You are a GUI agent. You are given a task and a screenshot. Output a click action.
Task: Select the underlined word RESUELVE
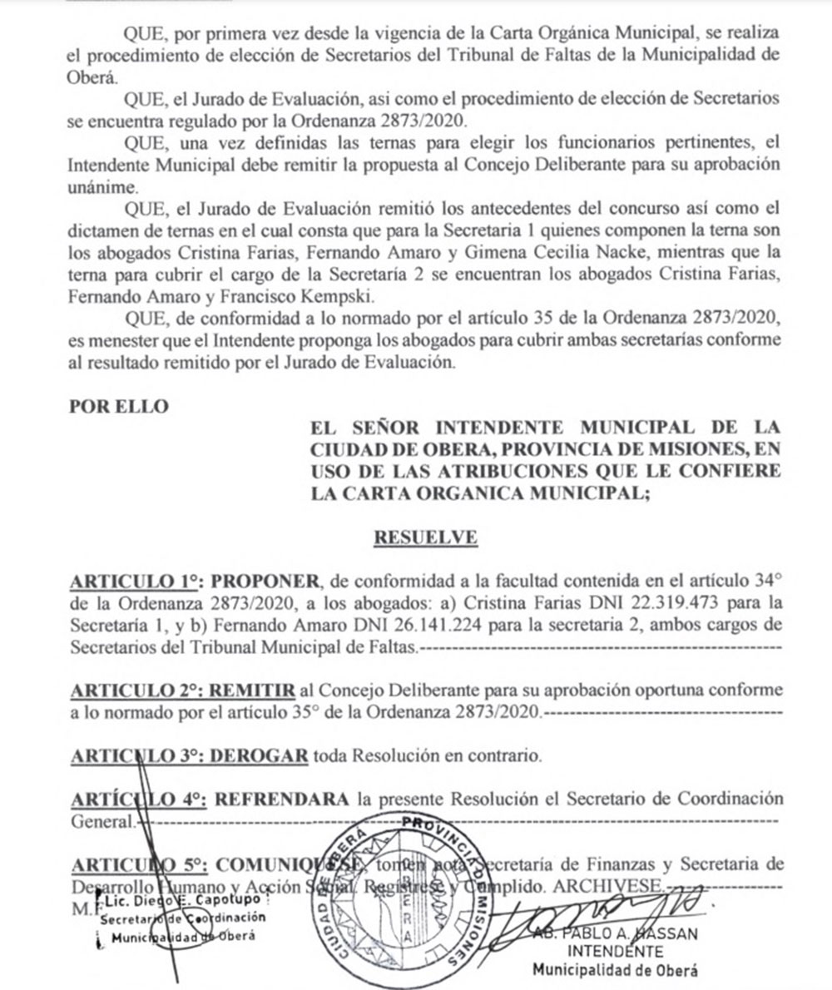click(x=425, y=537)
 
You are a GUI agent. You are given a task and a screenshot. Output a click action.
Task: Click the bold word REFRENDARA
click(x=281, y=799)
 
